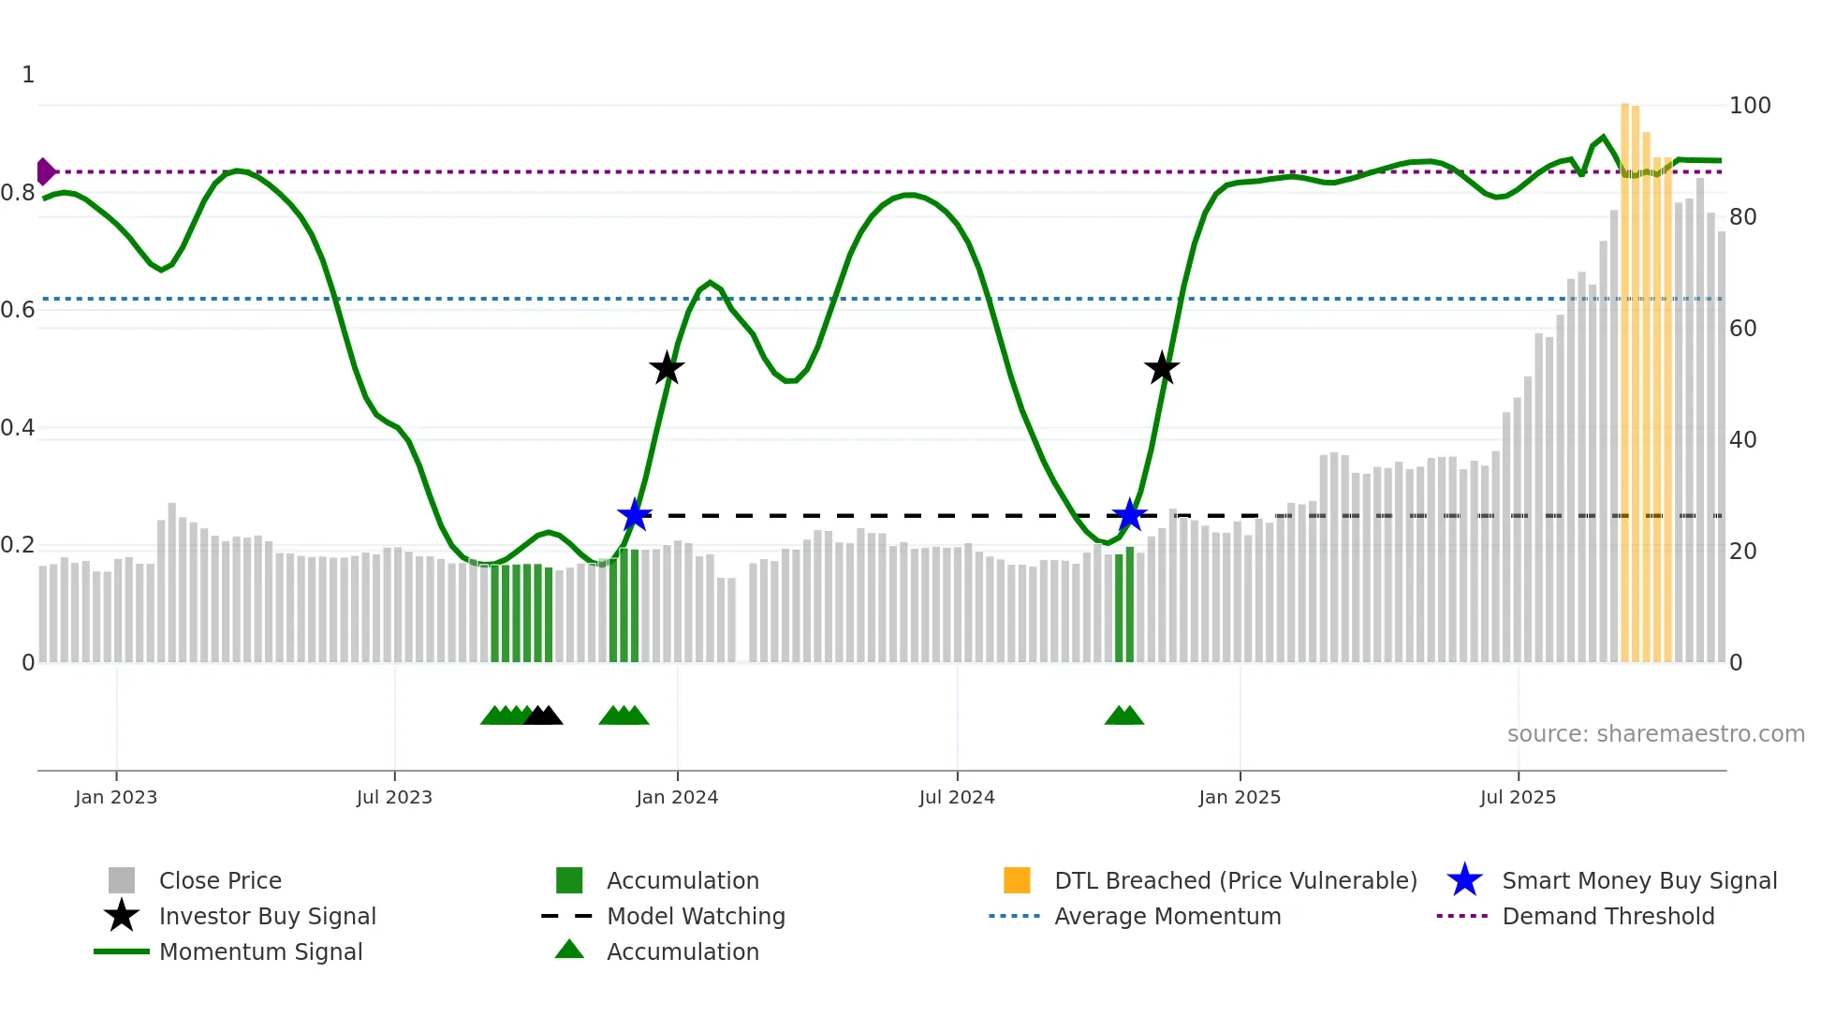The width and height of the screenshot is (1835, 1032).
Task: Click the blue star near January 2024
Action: click(635, 515)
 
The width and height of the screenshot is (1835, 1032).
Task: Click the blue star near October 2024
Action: click(1129, 515)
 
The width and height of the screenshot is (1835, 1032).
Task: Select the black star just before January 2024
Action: click(667, 368)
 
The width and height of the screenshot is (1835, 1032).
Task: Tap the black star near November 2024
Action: click(1162, 368)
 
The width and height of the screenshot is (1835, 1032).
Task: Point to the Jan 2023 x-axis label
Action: click(116, 797)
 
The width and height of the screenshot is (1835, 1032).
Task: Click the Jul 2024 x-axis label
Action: click(957, 797)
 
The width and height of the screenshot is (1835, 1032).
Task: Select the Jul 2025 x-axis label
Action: click(1518, 797)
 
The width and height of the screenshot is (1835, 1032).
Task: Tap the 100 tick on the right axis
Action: click(1750, 106)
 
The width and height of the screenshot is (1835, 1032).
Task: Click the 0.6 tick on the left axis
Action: click(18, 310)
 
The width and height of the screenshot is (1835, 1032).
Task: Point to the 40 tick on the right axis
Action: click(1743, 439)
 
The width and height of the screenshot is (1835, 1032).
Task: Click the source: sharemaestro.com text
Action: click(1655, 734)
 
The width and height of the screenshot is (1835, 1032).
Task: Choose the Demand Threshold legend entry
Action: click(1607, 916)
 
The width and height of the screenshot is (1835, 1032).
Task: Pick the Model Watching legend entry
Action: click(696, 916)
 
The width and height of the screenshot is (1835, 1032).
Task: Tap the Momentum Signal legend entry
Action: click(260, 951)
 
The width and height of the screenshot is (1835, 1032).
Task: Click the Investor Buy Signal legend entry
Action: click(267, 916)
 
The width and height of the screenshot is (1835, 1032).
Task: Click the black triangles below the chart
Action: click(543, 716)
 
